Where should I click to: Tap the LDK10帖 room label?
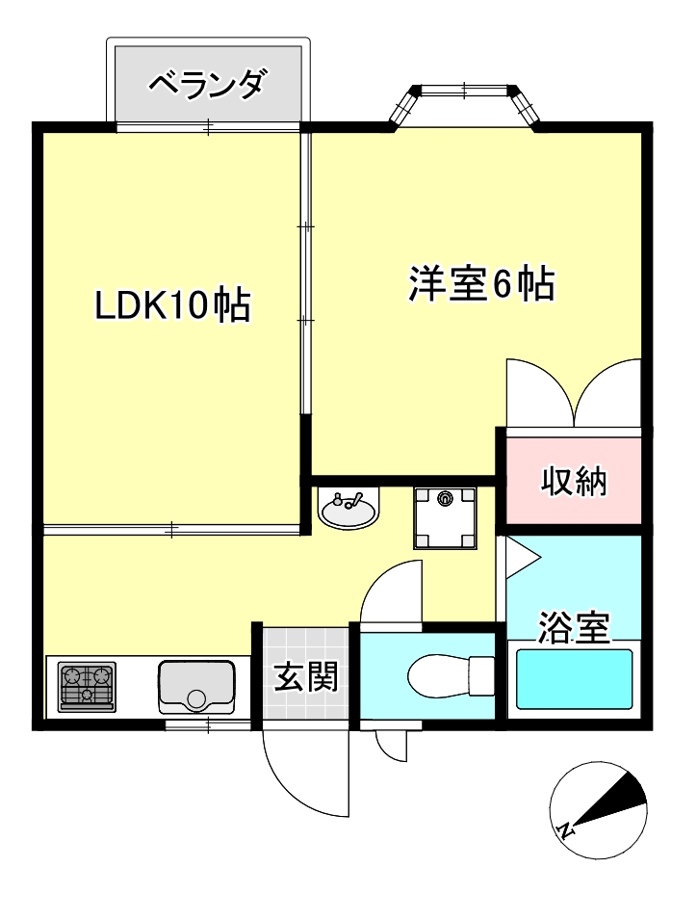point(172,305)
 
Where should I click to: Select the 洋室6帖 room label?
point(481,284)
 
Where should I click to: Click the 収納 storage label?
point(574,481)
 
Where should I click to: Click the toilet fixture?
point(451,671)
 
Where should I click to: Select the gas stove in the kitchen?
point(87,686)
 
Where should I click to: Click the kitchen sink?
point(196,687)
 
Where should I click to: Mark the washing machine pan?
point(445,516)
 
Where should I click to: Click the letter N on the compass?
point(567,828)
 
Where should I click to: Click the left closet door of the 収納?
point(537,393)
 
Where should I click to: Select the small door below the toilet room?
point(393,745)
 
